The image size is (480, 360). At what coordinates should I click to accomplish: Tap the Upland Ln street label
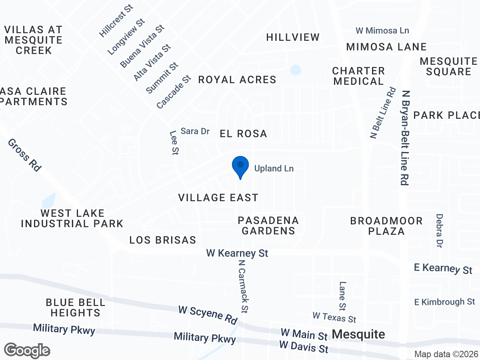(274, 169)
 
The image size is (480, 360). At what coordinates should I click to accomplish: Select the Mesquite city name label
(359, 334)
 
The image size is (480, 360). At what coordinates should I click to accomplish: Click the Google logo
(27, 350)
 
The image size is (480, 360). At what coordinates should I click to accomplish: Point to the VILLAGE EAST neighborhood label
(218, 198)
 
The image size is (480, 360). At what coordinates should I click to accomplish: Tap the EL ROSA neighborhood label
(243, 134)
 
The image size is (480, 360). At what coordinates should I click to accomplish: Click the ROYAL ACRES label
(237, 80)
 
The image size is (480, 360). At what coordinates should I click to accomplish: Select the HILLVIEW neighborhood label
(293, 37)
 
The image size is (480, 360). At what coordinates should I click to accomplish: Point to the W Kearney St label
(237, 253)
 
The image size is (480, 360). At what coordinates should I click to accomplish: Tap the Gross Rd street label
(24, 155)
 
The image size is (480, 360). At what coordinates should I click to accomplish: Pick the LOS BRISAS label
(163, 240)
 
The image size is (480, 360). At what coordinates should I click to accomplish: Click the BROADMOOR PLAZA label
(386, 226)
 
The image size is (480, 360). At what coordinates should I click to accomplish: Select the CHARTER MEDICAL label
(358, 76)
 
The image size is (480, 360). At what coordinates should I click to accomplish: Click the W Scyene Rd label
(208, 315)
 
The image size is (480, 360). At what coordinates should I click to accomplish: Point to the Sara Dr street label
(195, 131)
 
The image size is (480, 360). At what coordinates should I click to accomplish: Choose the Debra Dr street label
(440, 230)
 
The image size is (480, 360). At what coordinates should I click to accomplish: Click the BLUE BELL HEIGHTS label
(75, 307)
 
